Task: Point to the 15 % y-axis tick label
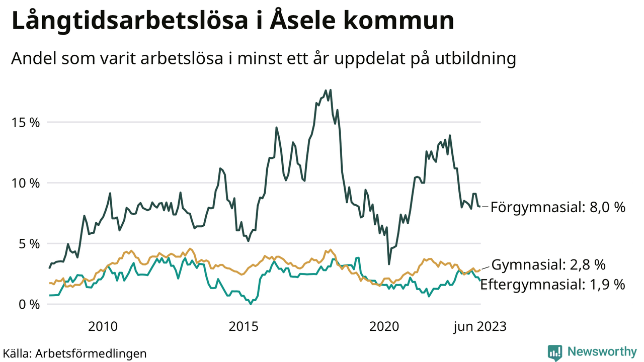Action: click(26, 122)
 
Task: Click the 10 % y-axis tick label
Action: click(26, 183)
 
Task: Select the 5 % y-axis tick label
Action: click(29, 244)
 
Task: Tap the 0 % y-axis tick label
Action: click(29, 305)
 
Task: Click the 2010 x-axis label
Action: click(103, 327)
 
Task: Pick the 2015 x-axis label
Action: click(244, 327)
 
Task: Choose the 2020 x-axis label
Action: click(384, 327)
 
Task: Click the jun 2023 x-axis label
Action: click(479, 327)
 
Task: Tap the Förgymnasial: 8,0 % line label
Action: click(558, 207)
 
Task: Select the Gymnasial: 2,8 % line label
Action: click(548, 265)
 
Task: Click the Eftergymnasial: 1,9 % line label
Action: click(552, 284)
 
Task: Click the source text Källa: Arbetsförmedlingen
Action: click(75, 353)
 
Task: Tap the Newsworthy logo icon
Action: click(555, 352)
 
